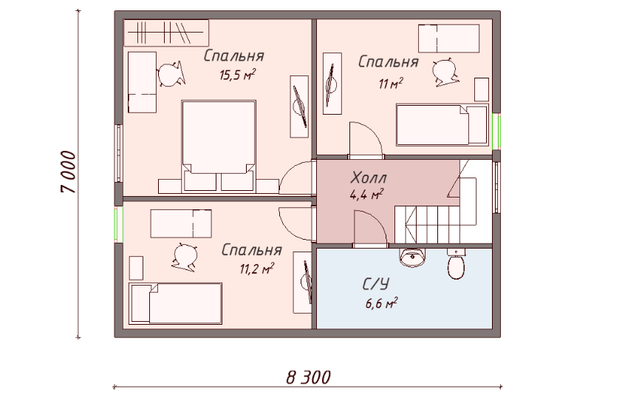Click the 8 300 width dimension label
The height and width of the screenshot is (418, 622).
click(308, 377)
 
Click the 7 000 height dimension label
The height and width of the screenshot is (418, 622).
click(68, 172)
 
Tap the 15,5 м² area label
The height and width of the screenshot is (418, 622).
click(237, 74)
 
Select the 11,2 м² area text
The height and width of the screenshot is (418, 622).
click(256, 269)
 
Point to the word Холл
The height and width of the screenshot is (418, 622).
click(369, 178)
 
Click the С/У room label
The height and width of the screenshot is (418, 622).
click(376, 284)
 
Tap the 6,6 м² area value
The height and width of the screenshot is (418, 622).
click(382, 303)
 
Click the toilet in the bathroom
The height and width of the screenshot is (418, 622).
click(457, 263)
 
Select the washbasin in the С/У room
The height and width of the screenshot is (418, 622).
click(412, 257)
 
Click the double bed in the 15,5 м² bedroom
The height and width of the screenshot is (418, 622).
click(219, 146)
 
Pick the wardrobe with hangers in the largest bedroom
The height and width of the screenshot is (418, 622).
click(166, 33)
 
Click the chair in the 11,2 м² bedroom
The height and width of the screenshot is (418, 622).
click(185, 257)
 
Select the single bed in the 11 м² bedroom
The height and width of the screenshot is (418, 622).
click(442, 125)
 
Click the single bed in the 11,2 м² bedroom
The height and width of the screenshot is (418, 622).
click(176, 303)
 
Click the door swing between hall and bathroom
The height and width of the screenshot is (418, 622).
click(370, 229)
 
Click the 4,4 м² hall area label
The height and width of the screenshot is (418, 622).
click(366, 195)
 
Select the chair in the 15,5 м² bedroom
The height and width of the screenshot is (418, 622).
click(171, 73)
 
